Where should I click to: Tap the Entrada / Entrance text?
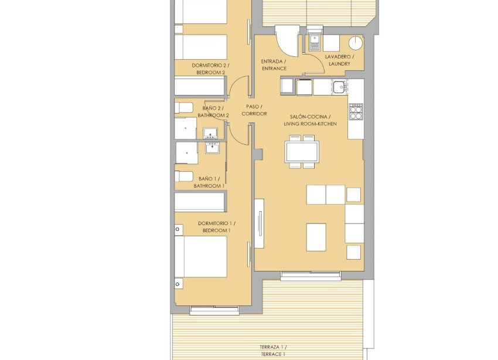tap(273, 64)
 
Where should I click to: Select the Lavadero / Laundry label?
tap(339, 60)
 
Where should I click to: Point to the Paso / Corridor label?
tap(254, 110)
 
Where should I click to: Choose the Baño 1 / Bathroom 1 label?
tap(209, 182)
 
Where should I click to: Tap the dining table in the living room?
tap(302, 152)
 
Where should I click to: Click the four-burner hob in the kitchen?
tap(356, 111)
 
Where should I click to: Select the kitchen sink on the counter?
tap(339, 87)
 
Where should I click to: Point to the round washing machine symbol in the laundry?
tap(356, 43)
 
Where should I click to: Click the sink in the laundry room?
tap(315, 43)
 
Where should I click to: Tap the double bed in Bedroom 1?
tap(201, 256)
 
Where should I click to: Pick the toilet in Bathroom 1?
tap(183, 176)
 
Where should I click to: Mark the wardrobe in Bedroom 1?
tap(200, 202)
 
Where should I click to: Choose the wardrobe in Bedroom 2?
tap(200, 87)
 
